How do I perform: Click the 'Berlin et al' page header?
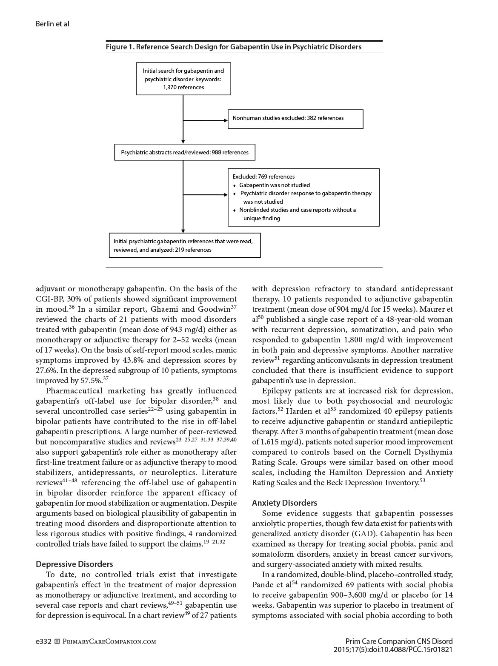(x=52, y=24)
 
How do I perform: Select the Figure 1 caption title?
(x=234, y=47)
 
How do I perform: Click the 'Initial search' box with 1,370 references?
(x=183, y=79)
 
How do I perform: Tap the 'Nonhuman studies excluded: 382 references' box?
(x=296, y=118)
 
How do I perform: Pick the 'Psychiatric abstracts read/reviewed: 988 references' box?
(x=185, y=152)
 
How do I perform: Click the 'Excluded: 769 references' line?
(x=263, y=176)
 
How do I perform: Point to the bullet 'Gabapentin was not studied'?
(x=275, y=185)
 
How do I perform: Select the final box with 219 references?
(x=185, y=245)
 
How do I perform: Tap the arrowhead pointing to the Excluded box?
(x=226, y=195)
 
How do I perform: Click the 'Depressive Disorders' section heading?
(x=74, y=564)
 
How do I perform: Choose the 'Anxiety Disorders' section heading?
(x=284, y=503)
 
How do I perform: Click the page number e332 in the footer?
(x=43, y=641)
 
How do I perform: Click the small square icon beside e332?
(x=57, y=641)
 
